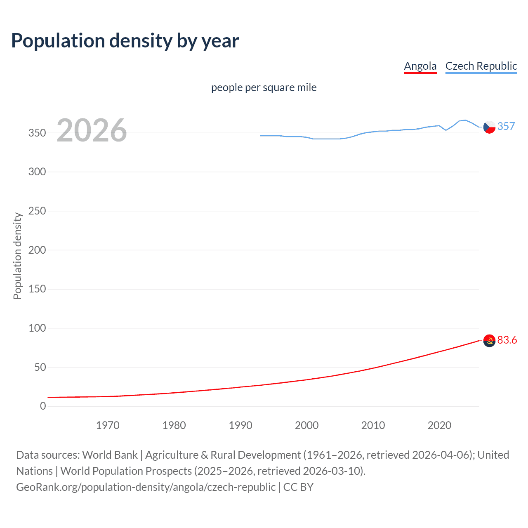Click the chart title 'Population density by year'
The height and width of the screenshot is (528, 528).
click(x=125, y=41)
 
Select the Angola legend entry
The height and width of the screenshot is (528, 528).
click(x=420, y=66)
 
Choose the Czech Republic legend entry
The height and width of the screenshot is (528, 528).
click(x=481, y=66)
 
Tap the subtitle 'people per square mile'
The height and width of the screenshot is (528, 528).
click(x=264, y=87)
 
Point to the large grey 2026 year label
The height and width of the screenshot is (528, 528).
click(x=92, y=130)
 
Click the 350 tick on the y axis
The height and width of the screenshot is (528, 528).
click(x=37, y=133)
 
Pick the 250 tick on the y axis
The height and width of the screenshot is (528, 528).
click(x=37, y=211)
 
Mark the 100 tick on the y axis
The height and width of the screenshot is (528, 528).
click(x=37, y=328)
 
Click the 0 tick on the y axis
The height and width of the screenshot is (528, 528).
click(x=43, y=406)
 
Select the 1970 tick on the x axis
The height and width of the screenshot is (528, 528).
click(x=108, y=425)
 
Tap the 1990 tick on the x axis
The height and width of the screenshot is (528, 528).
click(x=240, y=425)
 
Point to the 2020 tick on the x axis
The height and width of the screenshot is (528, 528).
click(x=439, y=425)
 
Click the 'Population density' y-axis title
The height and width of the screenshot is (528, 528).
click(x=17, y=256)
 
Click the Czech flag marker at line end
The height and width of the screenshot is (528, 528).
click(x=489, y=127)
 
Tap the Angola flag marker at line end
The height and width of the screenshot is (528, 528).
click(x=489, y=341)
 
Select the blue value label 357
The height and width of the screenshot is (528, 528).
click(x=506, y=126)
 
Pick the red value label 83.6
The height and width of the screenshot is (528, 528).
click(x=507, y=340)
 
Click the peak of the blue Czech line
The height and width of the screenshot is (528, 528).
click(x=465, y=120)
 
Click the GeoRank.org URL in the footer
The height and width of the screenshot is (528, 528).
click(x=146, y=487)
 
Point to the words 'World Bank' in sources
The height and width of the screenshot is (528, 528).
click(x=110, y=455)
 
